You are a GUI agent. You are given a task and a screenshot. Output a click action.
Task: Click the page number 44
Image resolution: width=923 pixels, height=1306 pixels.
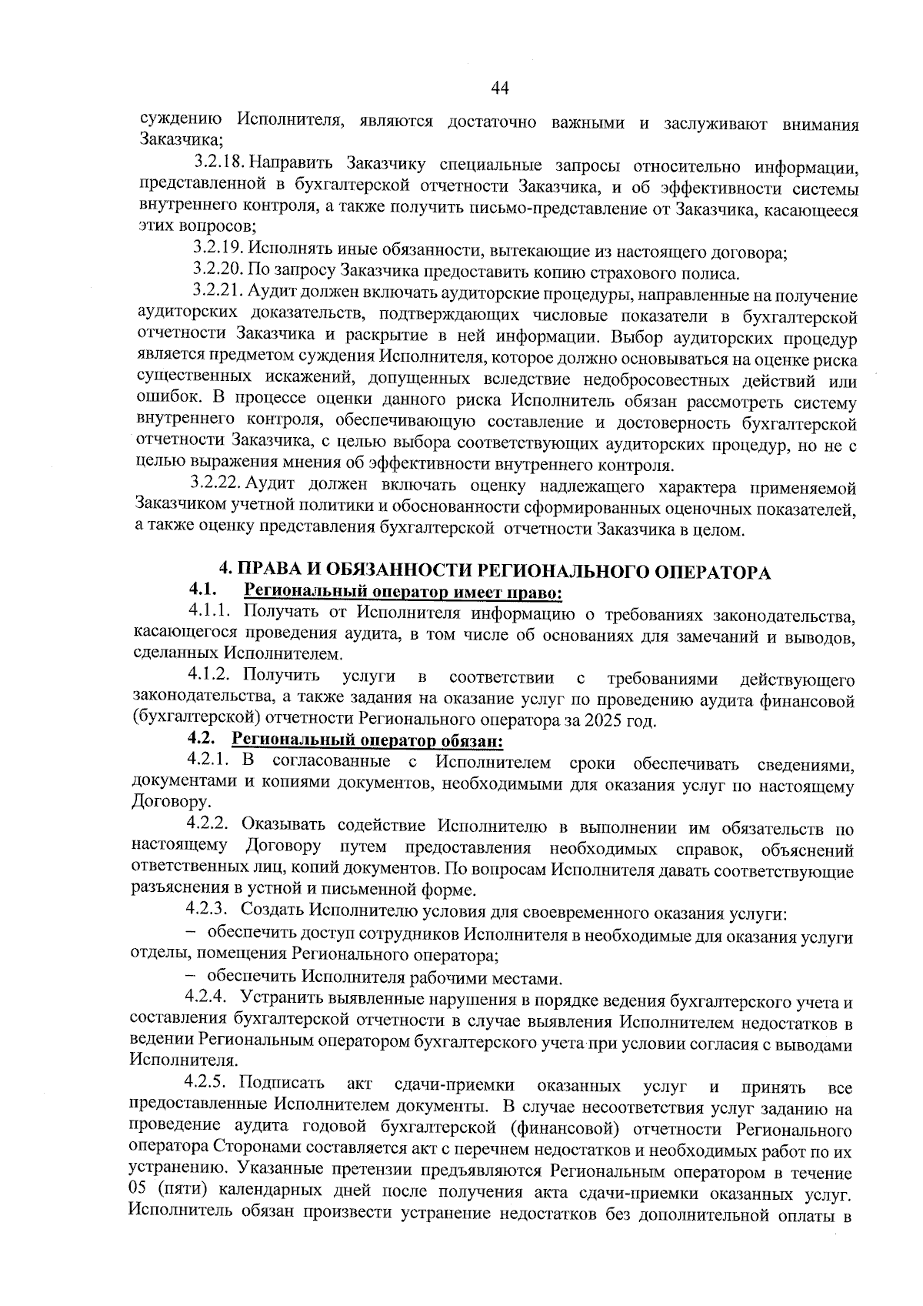pyautogui.click(x=500, y=89)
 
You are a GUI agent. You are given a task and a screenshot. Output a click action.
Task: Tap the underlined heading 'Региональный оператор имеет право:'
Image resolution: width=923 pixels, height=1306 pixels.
pyautogui.click(x=403, y=593)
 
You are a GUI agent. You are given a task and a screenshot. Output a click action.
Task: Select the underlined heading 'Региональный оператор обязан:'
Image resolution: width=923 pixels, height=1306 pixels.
pyautogui.click(x=368, y=741)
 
